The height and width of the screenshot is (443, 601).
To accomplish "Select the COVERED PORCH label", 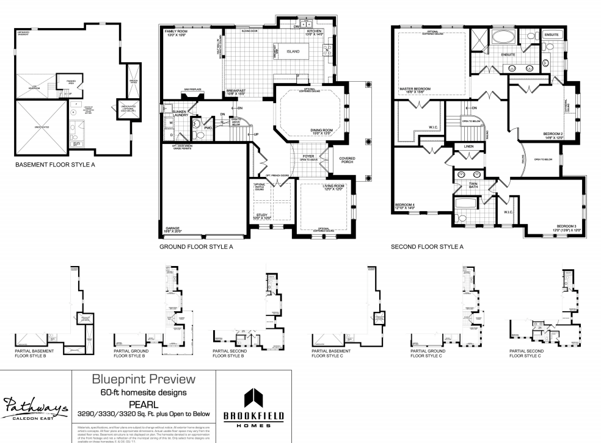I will pos(347,160).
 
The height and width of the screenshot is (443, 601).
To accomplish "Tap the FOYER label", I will pos(308,156).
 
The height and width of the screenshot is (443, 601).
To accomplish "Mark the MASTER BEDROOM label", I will pos(415,89).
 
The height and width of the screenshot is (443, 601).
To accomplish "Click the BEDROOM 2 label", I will pos(553,135).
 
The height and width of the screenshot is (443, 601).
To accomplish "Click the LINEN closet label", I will pos(468,147).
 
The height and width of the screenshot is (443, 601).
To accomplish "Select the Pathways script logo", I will pos(36,405).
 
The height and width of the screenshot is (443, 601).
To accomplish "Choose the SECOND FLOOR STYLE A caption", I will pos(427,247).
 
